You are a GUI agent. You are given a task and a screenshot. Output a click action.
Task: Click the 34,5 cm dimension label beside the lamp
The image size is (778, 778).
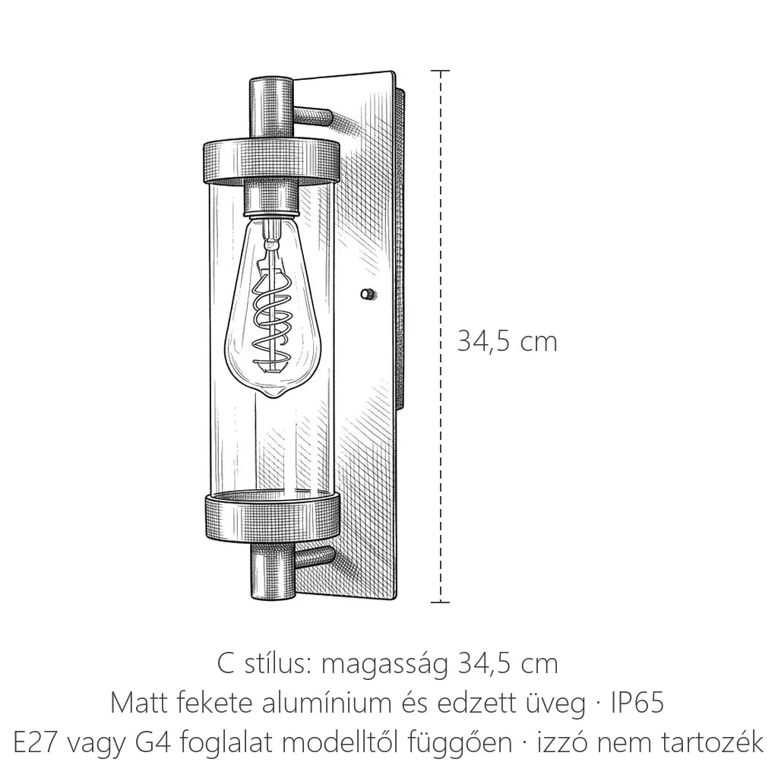(x=507, y=342)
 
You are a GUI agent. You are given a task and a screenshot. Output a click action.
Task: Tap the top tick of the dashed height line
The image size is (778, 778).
(x=440, y=71)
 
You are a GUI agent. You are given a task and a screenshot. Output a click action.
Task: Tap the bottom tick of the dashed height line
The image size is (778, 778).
(x=440, y=602)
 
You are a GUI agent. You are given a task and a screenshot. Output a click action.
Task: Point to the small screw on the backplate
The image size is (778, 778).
(x=367, y=294)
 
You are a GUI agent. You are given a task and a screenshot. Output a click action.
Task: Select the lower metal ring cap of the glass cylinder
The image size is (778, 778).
(x=271, y=517)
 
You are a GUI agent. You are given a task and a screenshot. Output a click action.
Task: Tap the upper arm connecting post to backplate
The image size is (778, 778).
(x=312, y=116)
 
